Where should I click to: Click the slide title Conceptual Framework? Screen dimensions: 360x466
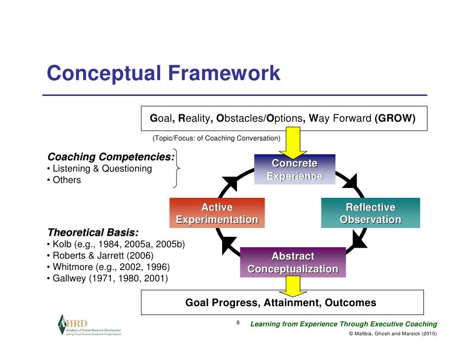pos(163,74)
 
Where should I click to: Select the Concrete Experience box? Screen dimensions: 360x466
pos(295,170)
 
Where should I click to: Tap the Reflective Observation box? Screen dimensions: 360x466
pos(371,213)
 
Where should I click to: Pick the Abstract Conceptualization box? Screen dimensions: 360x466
pos(293,263)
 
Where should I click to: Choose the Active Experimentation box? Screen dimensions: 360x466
pos(217,213)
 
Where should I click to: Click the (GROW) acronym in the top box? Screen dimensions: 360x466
pos(395,119)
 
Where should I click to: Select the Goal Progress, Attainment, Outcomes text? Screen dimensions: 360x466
pos(280,303)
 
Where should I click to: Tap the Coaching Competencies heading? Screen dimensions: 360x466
pos(111,157)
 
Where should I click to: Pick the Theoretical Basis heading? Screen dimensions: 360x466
pos(93,232)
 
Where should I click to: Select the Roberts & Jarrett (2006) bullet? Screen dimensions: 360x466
pos(99,256)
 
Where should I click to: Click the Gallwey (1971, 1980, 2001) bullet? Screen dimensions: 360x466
pos(107,279)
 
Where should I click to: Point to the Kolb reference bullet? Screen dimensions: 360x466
pos(116,244)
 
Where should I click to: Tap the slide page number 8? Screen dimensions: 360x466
pos(238,323)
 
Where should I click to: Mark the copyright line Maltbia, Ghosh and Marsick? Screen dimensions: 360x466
pos(393,334)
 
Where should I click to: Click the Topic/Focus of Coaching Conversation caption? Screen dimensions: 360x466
pos(216,138)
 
